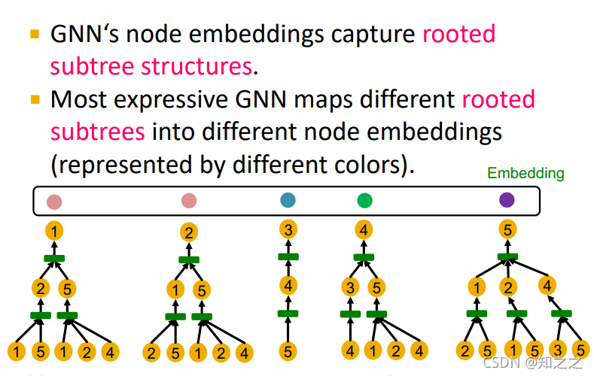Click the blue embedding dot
click(288, 201)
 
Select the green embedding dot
click(364, 201)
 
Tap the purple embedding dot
click(507, 200)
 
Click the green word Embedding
click(525, 174)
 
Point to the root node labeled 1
click(54, 231)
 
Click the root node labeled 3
click(288, 229)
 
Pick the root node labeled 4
click(364, 229)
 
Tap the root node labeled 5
click(507, 229)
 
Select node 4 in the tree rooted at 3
click(288, 285)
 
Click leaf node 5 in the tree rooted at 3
click(288, 350)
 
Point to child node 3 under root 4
click(350, 287)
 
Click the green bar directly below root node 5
click(507, 257)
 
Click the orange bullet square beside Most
click(35, 99)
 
